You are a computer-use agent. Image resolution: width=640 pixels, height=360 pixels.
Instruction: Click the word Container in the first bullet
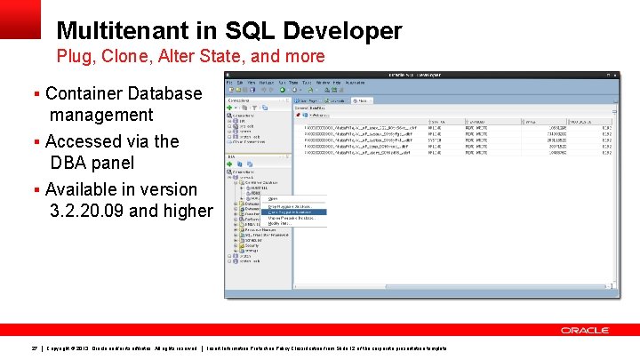pyautogui.click(x=84, y=93)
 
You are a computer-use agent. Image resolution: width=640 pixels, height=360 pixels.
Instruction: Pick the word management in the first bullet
pyautogui.click(x=101, y=115)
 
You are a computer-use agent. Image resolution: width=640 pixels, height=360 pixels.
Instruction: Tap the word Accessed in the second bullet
pyautogui.click(x=84, y=141)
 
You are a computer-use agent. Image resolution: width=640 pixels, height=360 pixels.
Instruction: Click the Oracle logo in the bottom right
pyautogui.click(x=584, y=330)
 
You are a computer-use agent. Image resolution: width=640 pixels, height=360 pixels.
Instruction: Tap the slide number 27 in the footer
pyautogui.click(x=34, y=347)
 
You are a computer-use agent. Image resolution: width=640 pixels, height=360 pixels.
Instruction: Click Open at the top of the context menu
pyautogui.click(x=273, y=198)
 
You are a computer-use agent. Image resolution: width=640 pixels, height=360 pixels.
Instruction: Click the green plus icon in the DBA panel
pyautogui.click(x=229, y=164)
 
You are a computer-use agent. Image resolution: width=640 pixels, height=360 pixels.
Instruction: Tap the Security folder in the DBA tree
pyautogui.click(x=251, y=245)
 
